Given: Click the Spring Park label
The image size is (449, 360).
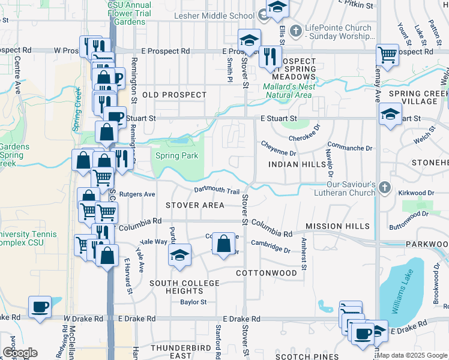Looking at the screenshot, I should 177,156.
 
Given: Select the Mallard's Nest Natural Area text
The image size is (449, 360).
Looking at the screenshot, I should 288,91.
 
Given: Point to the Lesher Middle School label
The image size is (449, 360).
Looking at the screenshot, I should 221,16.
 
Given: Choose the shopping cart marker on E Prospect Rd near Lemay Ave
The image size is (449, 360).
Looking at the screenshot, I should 388,55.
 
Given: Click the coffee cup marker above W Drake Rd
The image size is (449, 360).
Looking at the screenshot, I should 41,307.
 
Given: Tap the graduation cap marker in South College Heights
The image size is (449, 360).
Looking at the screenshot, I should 179,255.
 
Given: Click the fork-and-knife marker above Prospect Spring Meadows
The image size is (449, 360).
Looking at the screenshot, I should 270,56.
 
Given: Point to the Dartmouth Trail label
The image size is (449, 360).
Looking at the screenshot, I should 217,191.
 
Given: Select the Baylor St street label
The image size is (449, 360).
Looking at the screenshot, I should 193,302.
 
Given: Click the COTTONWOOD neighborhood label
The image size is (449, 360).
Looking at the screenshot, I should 266,273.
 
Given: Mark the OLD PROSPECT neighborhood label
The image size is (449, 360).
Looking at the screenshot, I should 174,95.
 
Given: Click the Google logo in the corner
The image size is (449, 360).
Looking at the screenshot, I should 20,353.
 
